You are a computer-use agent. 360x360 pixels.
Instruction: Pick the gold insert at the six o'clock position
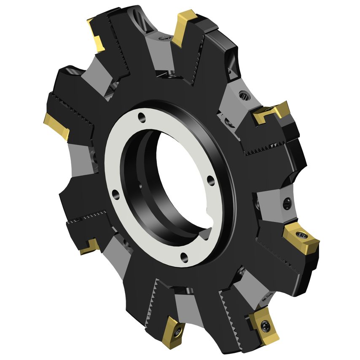(x=172, y=332)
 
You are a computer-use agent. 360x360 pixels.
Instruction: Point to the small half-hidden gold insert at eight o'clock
(x=90, y=247)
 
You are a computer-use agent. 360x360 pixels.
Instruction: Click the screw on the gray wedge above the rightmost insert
(x=287, y=203)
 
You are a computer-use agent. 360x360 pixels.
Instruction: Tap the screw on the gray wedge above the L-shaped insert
(x=243, y=96)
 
